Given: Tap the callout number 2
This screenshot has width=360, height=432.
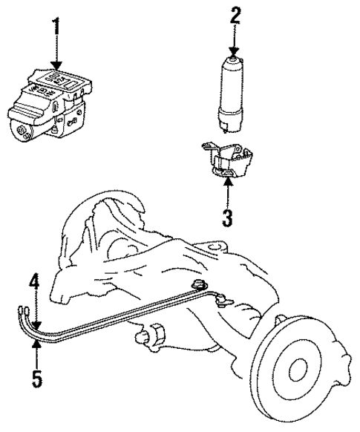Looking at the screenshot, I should pyautogui.click(x=236, y=15).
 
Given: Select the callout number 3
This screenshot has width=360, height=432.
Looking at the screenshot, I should pyautogui.click(x=227, y=218).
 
